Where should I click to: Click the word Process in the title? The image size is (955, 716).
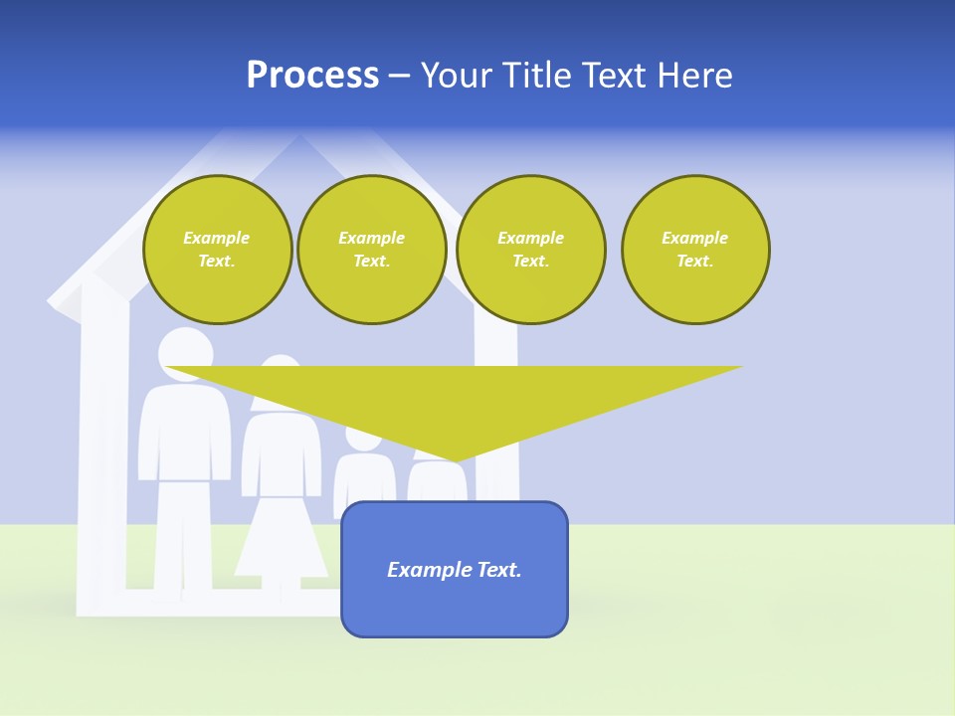coord(312,76)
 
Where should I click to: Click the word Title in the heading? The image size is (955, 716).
coord(536,76)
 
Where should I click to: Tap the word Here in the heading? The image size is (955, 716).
coord(695,76)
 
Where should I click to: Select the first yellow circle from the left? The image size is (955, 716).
coord(217,250)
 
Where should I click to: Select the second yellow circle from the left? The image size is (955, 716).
coord(371,250)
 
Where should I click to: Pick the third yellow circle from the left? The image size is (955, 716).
coord(530,250)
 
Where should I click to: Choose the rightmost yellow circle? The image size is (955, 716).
coord(694,250)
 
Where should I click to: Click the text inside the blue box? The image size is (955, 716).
coord(455,570)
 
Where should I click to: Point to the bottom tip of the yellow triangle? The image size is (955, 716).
coord(456,460)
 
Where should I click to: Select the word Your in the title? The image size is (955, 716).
coord(459,76)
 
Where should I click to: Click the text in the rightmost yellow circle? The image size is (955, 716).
coord(694,250)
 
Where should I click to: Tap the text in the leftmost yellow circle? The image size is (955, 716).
coord(217,250)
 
